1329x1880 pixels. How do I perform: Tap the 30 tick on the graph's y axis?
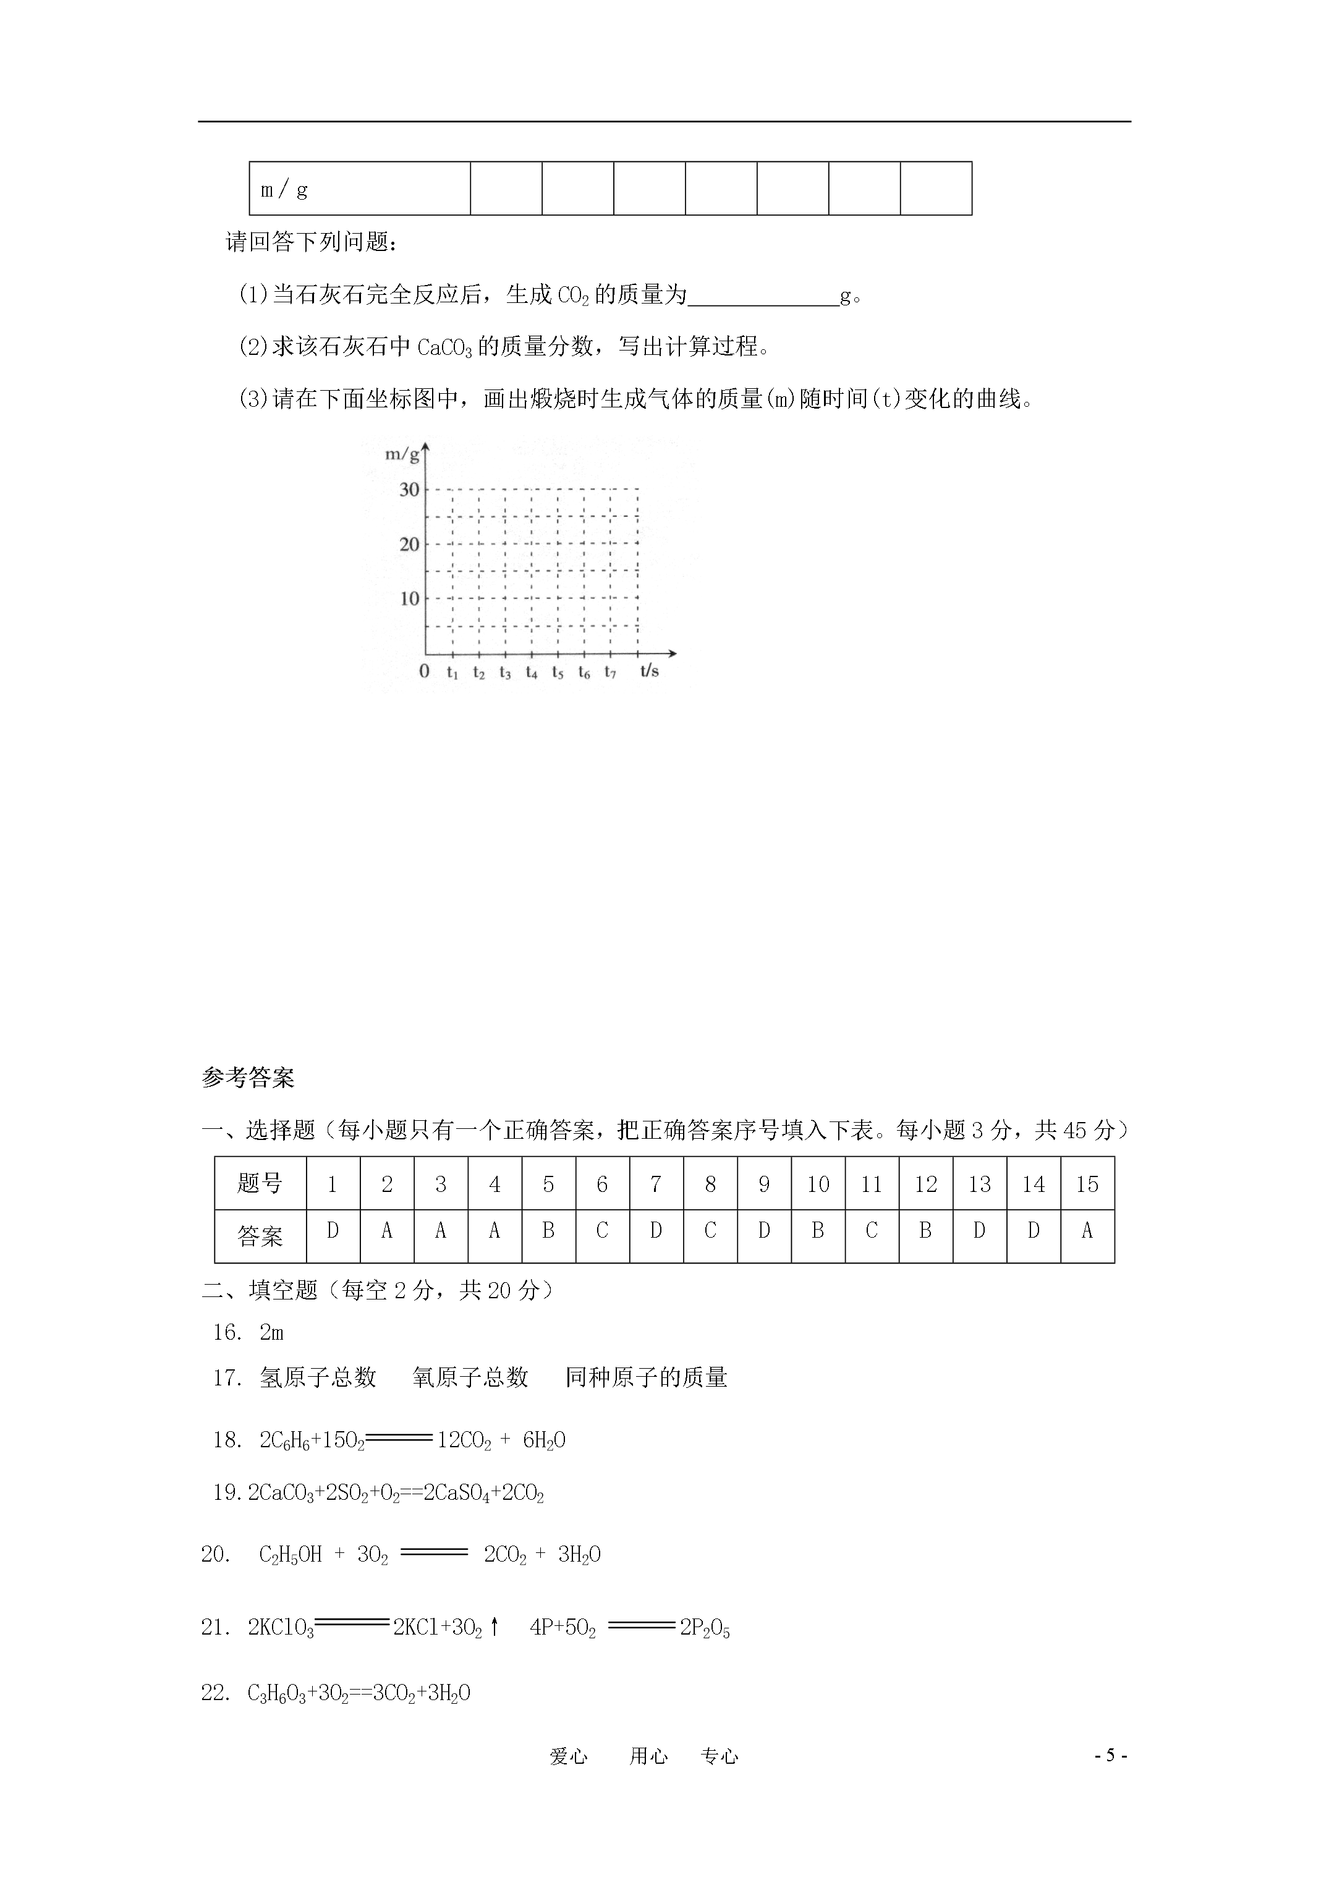click(409, 490)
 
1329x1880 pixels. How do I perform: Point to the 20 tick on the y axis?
click(409, 543)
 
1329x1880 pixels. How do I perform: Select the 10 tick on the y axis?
click(409, 598)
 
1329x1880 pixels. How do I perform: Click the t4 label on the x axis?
click(532, 672)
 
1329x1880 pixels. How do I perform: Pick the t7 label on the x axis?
click(610, 672)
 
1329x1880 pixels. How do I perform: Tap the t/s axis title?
click(649, 671)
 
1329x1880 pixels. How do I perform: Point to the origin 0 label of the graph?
click(424, 671)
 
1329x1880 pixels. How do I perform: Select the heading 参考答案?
click(247, 1078)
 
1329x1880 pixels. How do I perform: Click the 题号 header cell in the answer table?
click(260, 1183)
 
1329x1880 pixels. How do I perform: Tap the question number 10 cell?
click(817, 1184)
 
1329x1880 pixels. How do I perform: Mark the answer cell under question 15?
click(1087, 1231)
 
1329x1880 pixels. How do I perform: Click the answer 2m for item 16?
click(271, 1332)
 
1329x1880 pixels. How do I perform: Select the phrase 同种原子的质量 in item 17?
click(646, 1377)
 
